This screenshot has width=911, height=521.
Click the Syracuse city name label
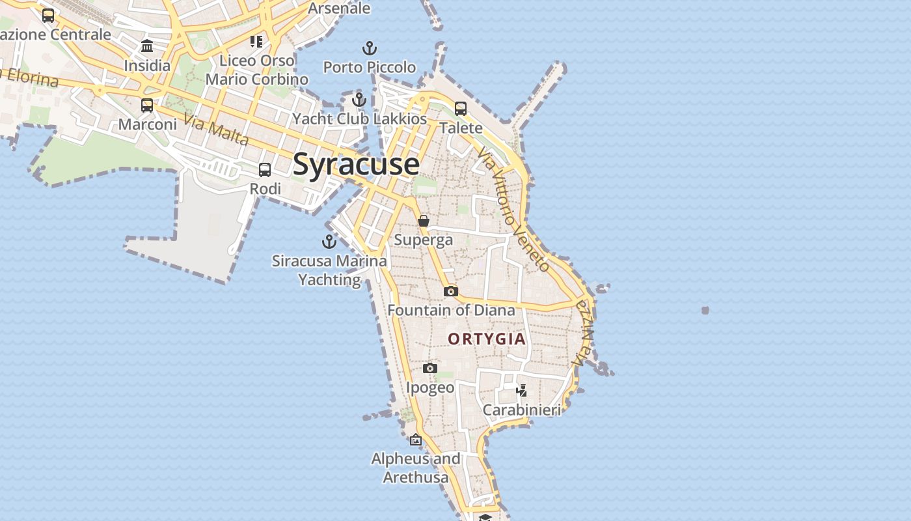coord(356,163)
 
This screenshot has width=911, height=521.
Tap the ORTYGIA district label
coord(487,339)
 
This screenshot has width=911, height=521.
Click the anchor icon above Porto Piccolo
coord(370,48)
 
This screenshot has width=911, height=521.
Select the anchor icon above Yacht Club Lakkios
coord(359,100)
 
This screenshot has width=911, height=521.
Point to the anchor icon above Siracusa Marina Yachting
coord(329,242)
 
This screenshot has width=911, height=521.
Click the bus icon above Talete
coord(461,109)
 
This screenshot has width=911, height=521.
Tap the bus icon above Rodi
coord(265,170)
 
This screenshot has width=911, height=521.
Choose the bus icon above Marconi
coord(147,106)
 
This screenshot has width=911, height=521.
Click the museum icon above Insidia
coord(147,46)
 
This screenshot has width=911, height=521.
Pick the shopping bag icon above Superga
coord(424,221)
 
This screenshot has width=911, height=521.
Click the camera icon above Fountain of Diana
coord(451,291)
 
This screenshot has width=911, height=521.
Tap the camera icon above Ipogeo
coord(430,369)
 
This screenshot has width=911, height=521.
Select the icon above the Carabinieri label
coord(521,391)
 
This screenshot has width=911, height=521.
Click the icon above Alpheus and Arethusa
coord(416,440)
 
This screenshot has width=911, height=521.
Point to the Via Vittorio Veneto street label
coord(513,208)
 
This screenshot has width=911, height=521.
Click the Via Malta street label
coord(216,130)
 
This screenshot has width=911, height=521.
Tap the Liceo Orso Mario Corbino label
coord(256,70)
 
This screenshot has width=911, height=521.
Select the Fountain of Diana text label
coord(452,310)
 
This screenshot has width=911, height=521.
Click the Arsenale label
coord(339,8)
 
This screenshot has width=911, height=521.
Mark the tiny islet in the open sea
coord(705,311)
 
